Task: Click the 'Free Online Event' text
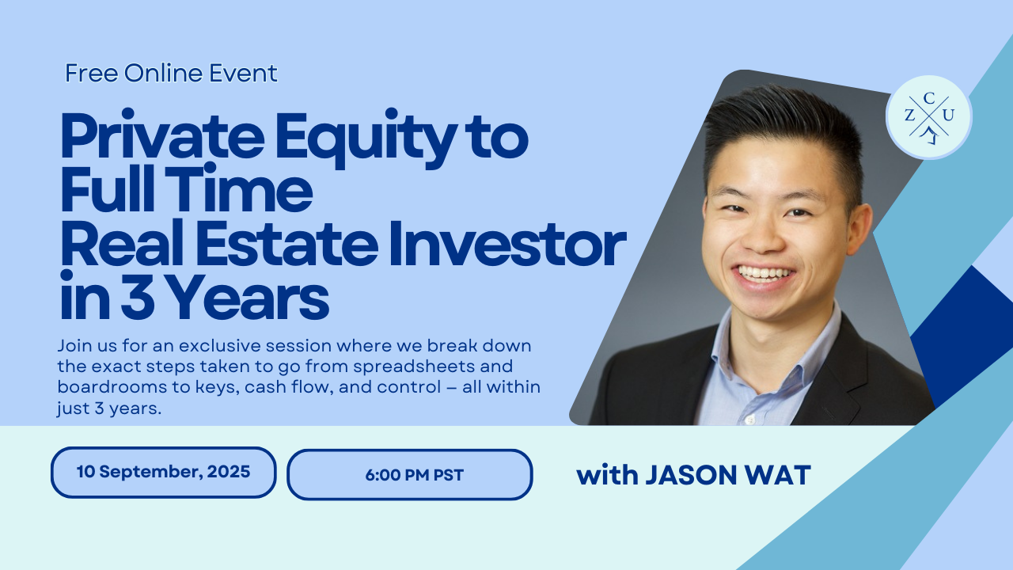tap(171, 73)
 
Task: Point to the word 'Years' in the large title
tap(251, 297)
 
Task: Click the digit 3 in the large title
tap(138, 297)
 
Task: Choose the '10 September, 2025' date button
tap(163, 473)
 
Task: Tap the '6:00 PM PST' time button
tap(410, 474)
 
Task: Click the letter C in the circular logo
tap(929, 98)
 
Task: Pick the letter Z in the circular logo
tap(910, 116)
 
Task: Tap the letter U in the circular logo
tap(948, 116)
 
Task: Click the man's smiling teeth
tap(764, 274)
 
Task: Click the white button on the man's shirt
tap(750, 420)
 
